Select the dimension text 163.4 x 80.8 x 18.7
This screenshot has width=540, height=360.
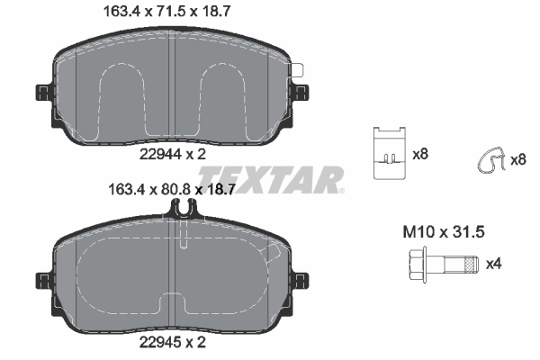(x=171, y=191)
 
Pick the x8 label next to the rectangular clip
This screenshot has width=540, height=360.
(x=420, y=155)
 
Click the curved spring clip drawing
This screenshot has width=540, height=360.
(x=489, y=160)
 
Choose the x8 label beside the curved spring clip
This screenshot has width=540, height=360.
(x=518, y=159)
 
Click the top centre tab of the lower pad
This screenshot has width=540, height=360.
(x=184, y=209)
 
